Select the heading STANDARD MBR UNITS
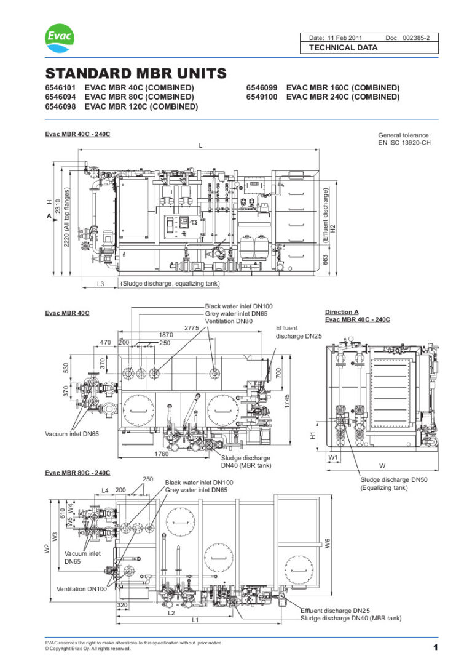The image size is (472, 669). pos(136,74)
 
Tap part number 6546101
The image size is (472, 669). pos(60,88)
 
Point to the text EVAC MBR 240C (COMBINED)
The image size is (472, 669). pos(343,97)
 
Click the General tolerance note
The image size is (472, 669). pos(404,138)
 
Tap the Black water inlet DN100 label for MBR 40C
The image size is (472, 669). pos(238,306)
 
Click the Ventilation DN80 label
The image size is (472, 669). pos(230,321)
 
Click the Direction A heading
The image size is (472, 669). pos(342,312)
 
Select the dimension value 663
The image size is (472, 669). pos(326,261)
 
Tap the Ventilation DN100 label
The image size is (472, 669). pos(82,589)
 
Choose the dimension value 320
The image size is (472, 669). pos(122,605)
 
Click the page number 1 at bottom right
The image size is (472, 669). pos(435,647)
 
